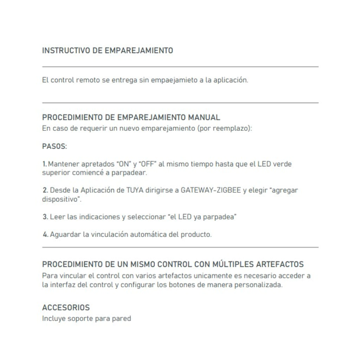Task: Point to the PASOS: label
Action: [x=54, y=146]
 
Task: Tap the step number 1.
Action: [x=44, y=164]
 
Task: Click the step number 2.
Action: [x=45, y=190]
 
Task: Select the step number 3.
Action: [x=45, y=217]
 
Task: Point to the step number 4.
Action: [x=45, y=234]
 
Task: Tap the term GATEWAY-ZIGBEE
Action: [x=213, y=190]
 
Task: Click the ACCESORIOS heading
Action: [x=66, y=308]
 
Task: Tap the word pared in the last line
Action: [x=123, y=319]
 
